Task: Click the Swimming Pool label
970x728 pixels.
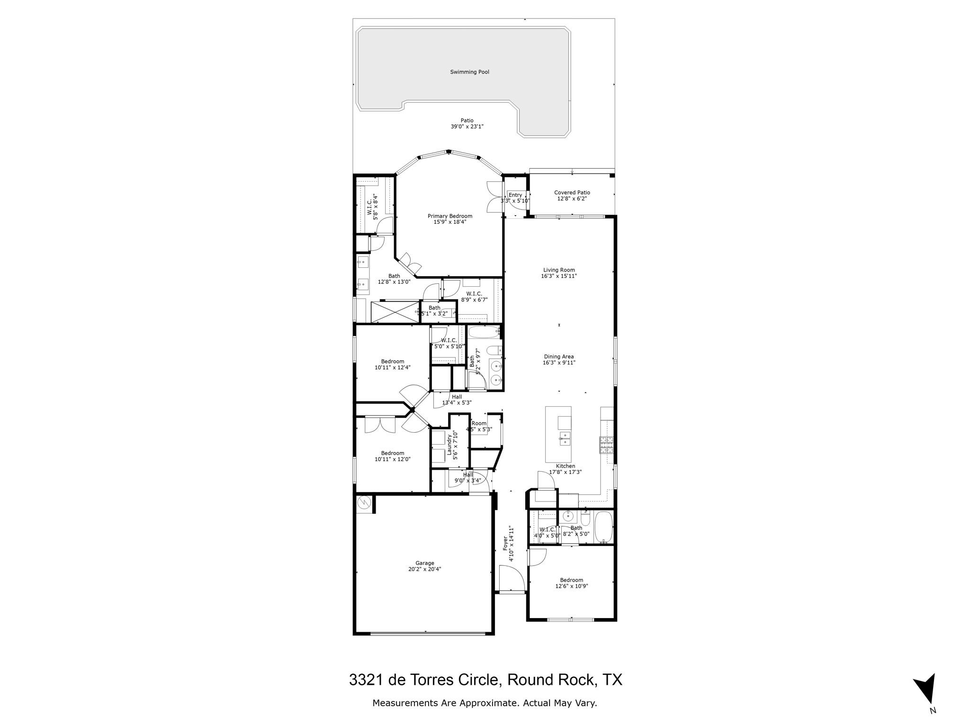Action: (x=469, y=72)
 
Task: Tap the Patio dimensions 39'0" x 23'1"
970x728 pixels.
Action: (x=467, y=127)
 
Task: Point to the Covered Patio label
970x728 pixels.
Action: (x=572, y=192)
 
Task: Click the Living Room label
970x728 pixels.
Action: (x=559, y=270)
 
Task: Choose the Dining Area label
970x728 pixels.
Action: (x=559, y=357)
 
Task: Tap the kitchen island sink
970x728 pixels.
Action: (x=564, y=437)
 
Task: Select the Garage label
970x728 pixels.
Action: (x=425, y=563)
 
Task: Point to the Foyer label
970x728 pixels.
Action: (x=505, y=543)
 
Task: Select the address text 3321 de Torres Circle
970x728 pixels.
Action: (x=424, y=680)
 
